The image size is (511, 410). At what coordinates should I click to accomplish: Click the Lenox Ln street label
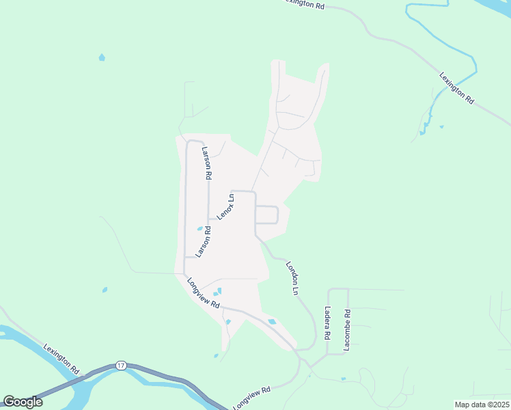click(225, 206)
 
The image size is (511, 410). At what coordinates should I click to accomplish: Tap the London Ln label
click(292, 277)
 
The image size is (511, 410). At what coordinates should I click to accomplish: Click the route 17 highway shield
click(121, 365)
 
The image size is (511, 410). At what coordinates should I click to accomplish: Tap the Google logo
click(23, 402)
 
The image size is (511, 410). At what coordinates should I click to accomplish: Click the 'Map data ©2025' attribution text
click(482, 405)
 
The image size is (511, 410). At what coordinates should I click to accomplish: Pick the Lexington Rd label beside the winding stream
click(456, 87)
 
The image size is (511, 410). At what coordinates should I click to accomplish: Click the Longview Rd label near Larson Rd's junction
click(204, 294)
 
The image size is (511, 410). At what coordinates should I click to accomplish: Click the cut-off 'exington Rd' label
click(304, 4)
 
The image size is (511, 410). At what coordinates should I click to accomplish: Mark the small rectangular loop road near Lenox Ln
click(266, 215)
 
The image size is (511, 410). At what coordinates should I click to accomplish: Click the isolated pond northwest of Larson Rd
click(102, 57)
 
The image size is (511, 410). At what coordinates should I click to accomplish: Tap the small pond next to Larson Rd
click(199, 229)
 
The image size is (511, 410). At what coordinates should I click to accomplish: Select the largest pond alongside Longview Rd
click(272, 321)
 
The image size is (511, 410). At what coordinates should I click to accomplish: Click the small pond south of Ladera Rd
click(343, 379)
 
